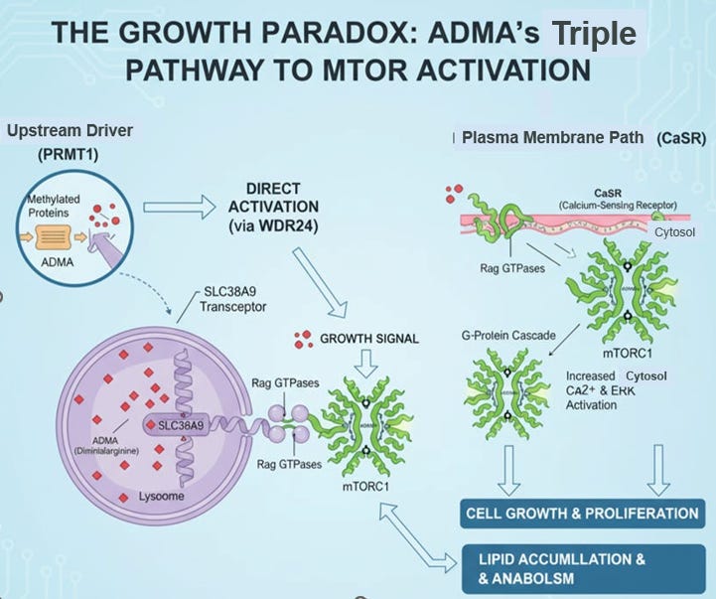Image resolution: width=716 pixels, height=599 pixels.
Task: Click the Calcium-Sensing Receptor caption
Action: (x=581, y=205)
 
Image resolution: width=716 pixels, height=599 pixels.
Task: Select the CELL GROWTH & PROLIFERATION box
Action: (x=581, y=514)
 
